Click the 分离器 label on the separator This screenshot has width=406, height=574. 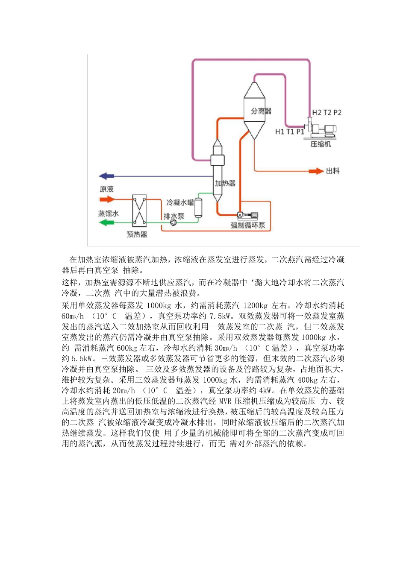click(x=261, y=111)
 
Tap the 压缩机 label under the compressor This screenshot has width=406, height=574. click(x=321, y=144)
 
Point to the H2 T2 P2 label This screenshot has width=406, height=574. click(x=327, y=112)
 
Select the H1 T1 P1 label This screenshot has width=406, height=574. click(x=289, y=132)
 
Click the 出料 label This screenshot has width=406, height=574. click(x=332, y=171)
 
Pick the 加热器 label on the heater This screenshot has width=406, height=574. click(x=225, y=183)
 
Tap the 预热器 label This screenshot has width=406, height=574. click(x=137, y=234)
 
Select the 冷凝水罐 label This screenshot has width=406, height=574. click(x=180, y=202)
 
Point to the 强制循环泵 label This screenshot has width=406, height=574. click(x=248, y=225)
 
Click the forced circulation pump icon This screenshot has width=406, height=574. click(x=247, y=216)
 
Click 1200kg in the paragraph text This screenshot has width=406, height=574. click(x=256, y=306)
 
